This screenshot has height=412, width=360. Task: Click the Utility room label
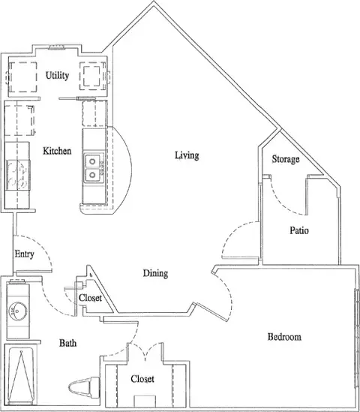(57, 75)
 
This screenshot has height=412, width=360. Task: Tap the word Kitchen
(57, 151)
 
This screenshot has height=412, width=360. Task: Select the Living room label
(186, 155)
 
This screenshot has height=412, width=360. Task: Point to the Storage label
(286, 159)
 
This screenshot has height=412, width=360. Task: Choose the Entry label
(24, 254)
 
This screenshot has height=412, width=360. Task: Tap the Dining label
(155, 273)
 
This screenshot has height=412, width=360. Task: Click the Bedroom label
(284, 337)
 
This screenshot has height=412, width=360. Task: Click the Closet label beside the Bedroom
(142, 379)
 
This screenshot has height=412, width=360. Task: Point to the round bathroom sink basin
(16, 310)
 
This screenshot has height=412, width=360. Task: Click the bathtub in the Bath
(19, 375)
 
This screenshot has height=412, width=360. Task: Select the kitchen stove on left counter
(16, 178)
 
